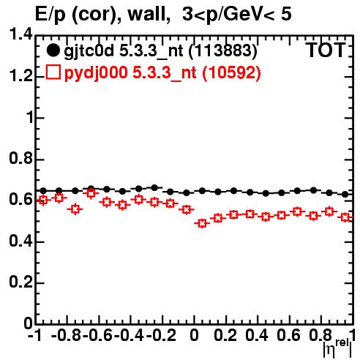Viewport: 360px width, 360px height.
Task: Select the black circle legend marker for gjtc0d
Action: [53, 50]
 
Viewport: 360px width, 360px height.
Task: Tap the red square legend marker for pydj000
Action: [53, 72]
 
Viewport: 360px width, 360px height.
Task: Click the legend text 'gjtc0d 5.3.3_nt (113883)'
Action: [160, 51]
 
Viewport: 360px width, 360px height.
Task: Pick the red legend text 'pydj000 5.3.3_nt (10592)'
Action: [162, 72]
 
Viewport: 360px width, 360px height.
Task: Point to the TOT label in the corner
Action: [326, 50]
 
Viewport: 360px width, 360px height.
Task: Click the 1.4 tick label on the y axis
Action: [20, 34]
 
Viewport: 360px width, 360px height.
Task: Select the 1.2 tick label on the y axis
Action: [20, 75]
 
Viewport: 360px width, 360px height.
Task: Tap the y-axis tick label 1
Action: [30, 117]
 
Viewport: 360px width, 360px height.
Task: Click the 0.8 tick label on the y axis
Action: [20, 158]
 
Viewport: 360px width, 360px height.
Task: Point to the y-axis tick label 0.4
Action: [20, 241]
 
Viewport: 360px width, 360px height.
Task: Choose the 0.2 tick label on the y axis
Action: [20, 282]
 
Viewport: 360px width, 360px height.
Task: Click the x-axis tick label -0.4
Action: [130, 335]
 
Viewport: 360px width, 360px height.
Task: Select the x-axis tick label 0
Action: [194, 335]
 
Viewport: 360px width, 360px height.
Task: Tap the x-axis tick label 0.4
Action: [257, 335]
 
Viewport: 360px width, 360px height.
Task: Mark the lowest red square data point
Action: [202, 223]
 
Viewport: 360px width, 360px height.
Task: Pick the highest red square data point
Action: [91, 194]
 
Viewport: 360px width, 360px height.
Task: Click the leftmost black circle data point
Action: [43, 190]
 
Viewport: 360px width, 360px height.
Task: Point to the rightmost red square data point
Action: [345, 217]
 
